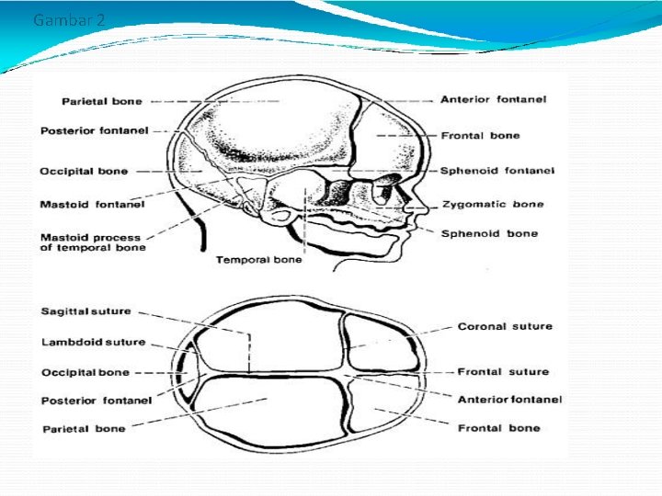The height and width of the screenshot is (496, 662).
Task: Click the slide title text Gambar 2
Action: click(63, 19)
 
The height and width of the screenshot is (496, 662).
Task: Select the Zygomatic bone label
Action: click(492, 204)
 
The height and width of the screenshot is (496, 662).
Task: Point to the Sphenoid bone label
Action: click(489, 233)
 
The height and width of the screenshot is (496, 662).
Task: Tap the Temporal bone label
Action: click(258, 260)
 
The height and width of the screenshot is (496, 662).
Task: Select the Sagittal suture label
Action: click(86, 311)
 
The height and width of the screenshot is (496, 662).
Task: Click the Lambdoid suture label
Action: click(93, 342)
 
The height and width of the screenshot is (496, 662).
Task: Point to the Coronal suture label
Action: click(505, 326)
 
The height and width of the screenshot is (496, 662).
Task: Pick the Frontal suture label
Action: click(503, 372)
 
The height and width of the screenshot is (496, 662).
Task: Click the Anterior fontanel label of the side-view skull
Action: click(493, 99)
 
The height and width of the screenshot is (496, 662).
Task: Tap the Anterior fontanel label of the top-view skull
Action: click(509, 400)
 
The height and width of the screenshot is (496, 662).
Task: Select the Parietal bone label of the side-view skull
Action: click(101, 101)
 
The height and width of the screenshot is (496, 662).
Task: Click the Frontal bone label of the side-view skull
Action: click(480, 136)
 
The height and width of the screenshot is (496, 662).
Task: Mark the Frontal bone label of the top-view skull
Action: click(499, 428)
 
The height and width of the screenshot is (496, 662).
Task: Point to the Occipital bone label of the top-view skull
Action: click(85, 373)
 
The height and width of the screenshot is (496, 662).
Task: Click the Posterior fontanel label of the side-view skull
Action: click(96, 131)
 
